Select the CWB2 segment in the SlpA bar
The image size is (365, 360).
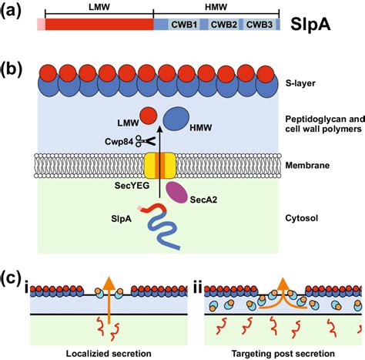[x=223, y=25]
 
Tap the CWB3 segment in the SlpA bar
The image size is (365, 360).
[x=260, y=25]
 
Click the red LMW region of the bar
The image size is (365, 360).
[x=99, y=25]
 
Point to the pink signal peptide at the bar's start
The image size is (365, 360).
[x=40, y=25]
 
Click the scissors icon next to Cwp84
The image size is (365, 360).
[x=142, y=140]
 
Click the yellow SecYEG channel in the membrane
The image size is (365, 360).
[x=160, y=167]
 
